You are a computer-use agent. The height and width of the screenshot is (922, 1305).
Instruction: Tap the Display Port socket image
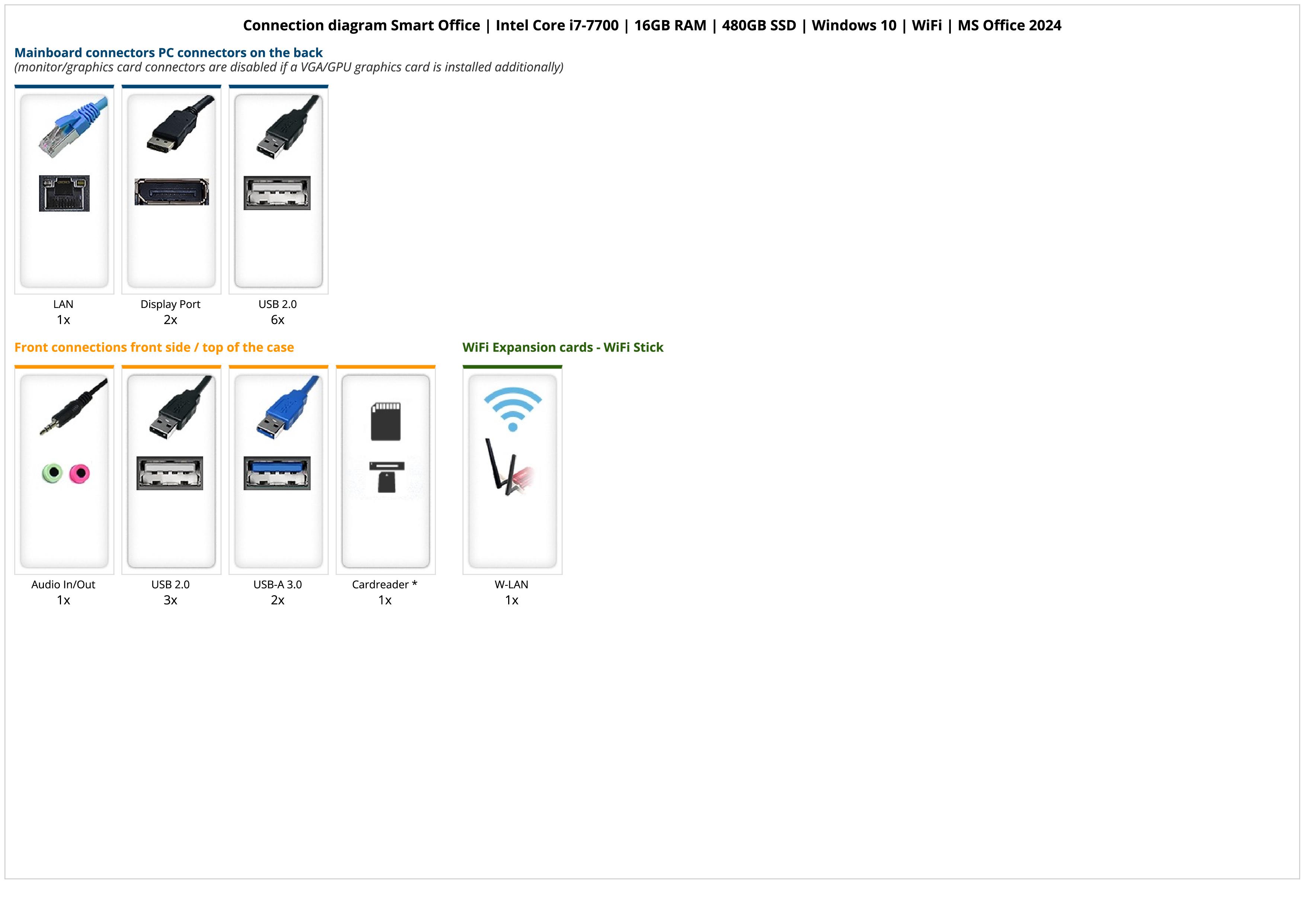171,192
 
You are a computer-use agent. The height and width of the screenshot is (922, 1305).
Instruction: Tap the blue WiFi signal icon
513,408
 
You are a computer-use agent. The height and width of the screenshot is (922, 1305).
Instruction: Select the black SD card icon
385,421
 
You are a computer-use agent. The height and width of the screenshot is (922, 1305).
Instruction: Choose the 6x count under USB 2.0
278,320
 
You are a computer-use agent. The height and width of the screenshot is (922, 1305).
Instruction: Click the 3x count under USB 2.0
170,600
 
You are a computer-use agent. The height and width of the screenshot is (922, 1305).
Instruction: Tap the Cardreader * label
385,585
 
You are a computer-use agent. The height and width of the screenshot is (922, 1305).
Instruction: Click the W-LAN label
512,585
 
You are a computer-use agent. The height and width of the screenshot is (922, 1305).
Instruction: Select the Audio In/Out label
63,585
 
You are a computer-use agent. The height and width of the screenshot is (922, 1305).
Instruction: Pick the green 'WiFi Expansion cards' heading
563,348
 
